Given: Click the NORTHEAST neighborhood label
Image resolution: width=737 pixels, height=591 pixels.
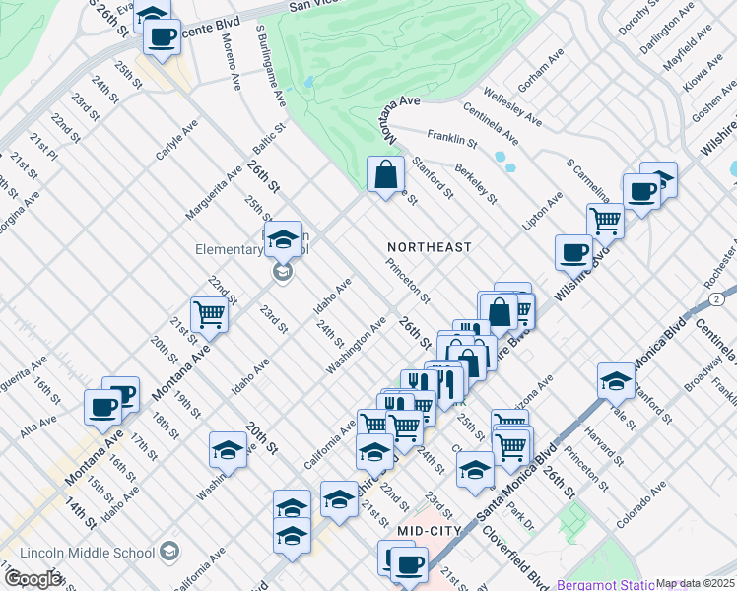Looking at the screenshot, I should [430, 247].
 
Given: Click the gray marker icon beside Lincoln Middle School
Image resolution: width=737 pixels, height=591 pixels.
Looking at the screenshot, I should [169, 550].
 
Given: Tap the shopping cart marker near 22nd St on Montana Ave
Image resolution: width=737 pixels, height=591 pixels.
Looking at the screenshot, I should [210, 314].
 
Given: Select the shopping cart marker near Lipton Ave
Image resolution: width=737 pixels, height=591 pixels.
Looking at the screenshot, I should [605, 221].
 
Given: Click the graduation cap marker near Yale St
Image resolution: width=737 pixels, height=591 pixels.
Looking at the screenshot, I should [616, 378].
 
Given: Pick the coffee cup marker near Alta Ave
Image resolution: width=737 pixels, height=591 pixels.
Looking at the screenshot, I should [101, 405].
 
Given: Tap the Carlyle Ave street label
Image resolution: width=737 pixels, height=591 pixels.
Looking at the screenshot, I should [176, 140].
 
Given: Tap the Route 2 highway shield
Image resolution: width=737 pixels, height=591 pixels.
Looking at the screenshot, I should [728, 295].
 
